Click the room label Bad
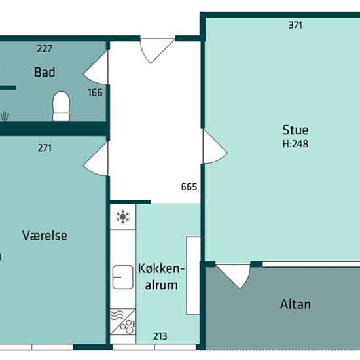click(x=45, y=72)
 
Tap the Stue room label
click(x=295, y=130)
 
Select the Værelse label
click(x=45, y=236)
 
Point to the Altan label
click(x=295, y=304)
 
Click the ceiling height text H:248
click(x=295, y=144)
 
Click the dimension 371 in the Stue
click(x=295, y=25)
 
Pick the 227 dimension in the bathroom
click(x=45, y=48)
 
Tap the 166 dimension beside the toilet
click(x=95, y=92)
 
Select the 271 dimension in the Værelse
click(x=45, y=148)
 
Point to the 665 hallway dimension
click(x=189, y=187)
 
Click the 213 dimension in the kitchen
click(x=160, y=336)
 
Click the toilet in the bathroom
click(x=61, y=106)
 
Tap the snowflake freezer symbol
click(x=123, y=216)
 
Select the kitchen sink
click(x=122, y=277)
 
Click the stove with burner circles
click(x=123, y=321)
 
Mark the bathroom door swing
click(x=96, y=67)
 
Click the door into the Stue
click(x=215, y=147)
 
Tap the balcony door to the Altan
click(x=233, y=276)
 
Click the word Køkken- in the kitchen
click(x=161, y=268)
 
